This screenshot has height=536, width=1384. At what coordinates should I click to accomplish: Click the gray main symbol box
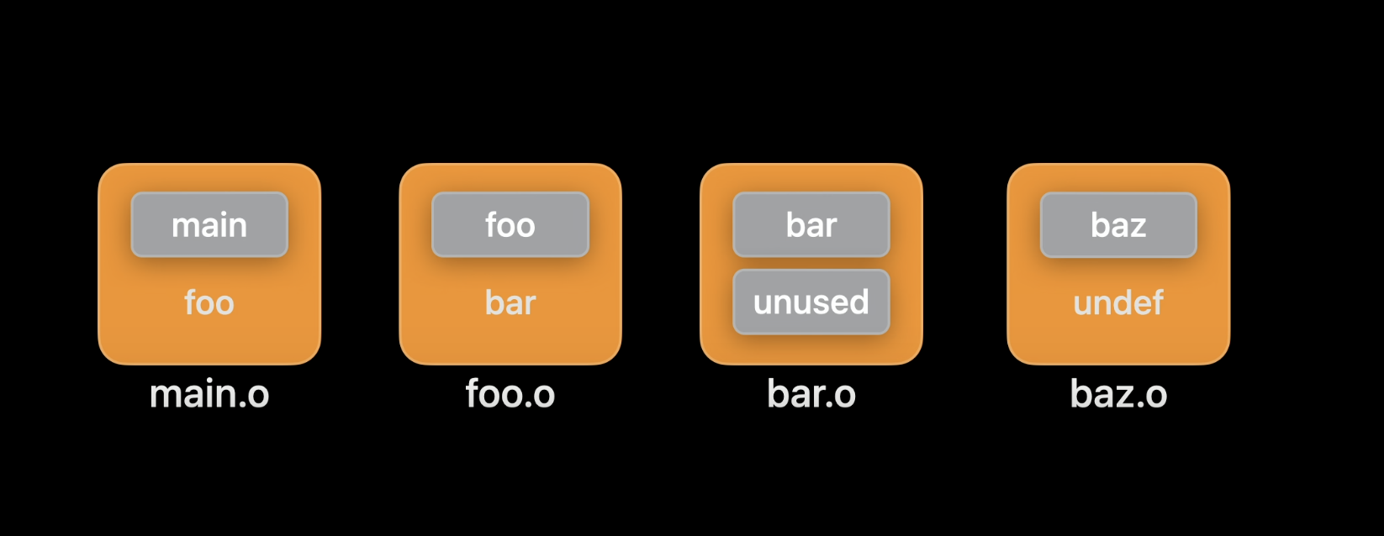coord(209,224)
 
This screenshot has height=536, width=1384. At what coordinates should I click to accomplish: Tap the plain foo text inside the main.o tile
coord(209,302)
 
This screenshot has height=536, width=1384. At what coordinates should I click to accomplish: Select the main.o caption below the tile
coord(209,394)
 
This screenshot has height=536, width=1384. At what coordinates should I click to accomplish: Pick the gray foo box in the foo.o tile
coord(510,224)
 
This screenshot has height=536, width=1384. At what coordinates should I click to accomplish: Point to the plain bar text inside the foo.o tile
coord(510,302)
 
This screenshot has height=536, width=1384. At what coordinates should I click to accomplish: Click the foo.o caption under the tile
coord(510,394)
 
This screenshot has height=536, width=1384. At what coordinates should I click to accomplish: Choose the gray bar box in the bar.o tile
coord(811,224)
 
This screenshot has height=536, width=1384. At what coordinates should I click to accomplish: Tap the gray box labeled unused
coord(811,302)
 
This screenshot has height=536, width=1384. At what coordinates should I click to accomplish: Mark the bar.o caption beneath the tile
coord(811,394)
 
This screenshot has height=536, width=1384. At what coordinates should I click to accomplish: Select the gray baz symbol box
coord(1118,224)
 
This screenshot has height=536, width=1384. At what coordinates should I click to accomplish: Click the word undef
coord(1118,302)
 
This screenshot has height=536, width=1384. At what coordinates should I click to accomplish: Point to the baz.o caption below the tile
coord(1118,394)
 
